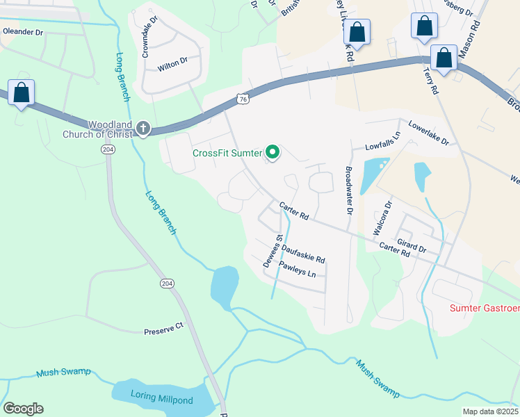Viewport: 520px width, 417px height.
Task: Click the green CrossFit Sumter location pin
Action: (x=273, y=152)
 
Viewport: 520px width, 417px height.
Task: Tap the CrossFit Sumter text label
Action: (x=227, y=153)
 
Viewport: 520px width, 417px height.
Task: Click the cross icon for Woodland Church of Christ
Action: (x=143, y=128)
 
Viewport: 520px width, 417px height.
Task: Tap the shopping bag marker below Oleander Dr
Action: (x=21, y=92)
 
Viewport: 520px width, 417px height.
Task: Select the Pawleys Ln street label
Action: (x=298, y=270)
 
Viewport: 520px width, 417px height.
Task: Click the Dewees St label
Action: (x=272, y=251)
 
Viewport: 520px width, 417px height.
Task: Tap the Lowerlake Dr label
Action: (x=429, y=133)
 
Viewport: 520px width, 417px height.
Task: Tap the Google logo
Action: (x=23, y=409)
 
